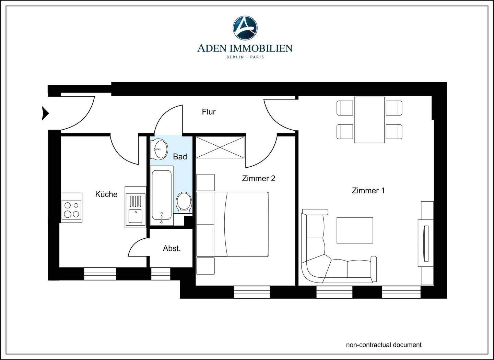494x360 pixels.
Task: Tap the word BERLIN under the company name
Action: pyautogui.click(x=235, y=57)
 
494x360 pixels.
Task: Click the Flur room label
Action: pyautogui.click(x=209, y=112)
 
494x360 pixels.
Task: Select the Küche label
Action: pyautogui.click(x=106, y=194)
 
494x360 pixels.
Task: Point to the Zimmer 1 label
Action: pyautogui.click(x=368, y=191)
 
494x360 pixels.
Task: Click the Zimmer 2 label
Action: pyautogui.click(x=259, y=178)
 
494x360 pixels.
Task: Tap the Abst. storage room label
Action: pyautogui.click(x=172, y=249)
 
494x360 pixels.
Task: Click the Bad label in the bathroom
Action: pyautogui.click(x=180, y=157)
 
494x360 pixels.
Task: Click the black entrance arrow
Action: pyautogui.click(x=45, y=113)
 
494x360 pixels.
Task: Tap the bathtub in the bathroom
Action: pyautogui.click(x=162, y=195)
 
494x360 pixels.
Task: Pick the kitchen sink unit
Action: pyautogui.click(x=136, y=207)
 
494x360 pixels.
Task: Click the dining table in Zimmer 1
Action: pyautogui.click(x=369, y=120)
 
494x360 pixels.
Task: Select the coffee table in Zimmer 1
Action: pyautogui.click(x=355, y=230)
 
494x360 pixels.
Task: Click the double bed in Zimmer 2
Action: pyautogui.click(x=232, y=224)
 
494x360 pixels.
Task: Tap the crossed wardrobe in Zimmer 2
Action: pyautogui.click(x=220, y=147)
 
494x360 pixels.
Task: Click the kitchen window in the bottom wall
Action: pyautogui.click(x=100, y=274)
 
